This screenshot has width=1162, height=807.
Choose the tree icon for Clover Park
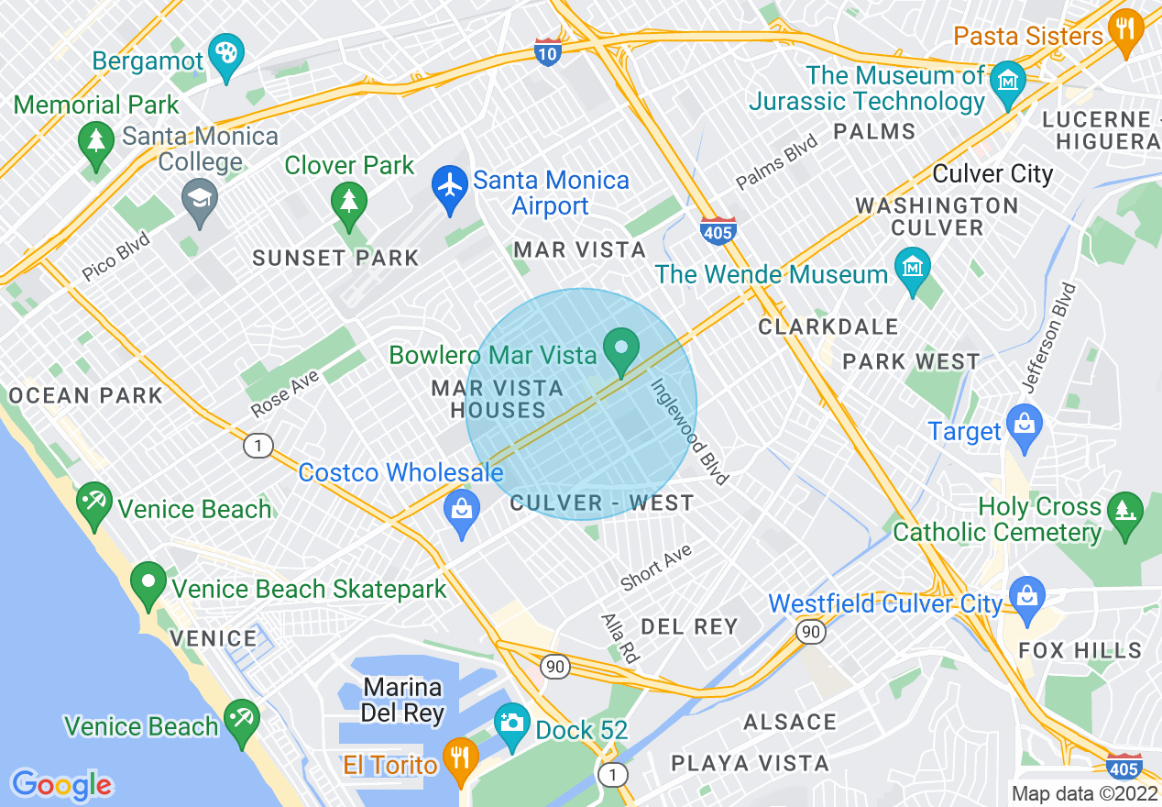[348, 203]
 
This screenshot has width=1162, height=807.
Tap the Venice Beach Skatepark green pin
[148, 584]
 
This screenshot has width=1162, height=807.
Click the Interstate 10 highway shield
[547, 51]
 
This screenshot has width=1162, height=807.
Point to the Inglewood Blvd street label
[690, 431]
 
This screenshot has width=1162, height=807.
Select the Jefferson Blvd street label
[1050, 338]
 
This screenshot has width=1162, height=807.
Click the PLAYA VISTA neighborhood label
[750, 763]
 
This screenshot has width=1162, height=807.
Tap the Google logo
[61, 785]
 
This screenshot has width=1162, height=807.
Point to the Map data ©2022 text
[1084, 793]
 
